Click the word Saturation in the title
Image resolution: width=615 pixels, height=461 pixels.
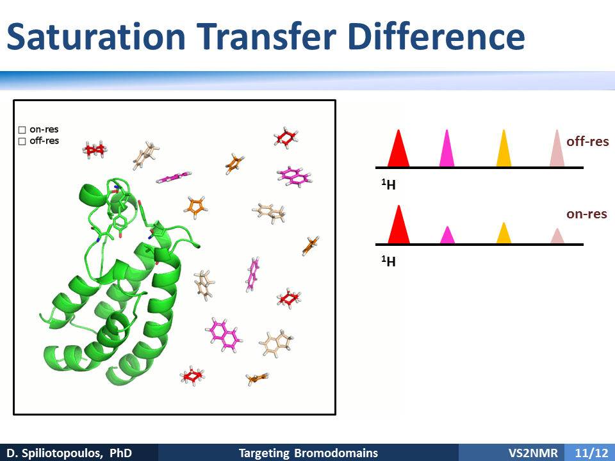[x=96, y=36]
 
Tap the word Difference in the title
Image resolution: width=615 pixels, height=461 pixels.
[x=436, y=36]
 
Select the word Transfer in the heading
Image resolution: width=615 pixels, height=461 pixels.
[x=266, y=36]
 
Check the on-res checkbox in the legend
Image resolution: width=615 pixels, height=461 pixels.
[x=22, y=130]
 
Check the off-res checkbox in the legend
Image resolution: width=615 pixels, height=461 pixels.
[x=22, y=141]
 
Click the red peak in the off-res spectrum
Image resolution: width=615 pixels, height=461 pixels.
[x=398, y=148]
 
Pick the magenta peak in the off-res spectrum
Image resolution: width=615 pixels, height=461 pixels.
[x=447, y=148]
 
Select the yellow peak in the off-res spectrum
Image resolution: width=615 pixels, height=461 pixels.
[x=504, y=148]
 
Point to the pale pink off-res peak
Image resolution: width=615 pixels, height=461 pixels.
[x=557, y=148]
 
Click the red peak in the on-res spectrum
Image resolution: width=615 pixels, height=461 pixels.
[x=399, y=225]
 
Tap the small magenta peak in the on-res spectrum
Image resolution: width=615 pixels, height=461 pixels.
[x=448, y=235]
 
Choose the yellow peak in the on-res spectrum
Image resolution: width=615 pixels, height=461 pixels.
[x=504, y=233]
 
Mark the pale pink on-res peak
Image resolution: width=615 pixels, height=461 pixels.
[x=557, y=236]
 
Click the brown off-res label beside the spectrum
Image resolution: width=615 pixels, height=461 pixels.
[x=587, y=142]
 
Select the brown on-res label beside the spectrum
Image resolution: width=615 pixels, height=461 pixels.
[x=587, y=214]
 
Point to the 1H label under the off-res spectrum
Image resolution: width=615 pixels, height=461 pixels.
[x=388, y=184]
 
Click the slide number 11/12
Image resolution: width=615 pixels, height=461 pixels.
[x=591, y=453]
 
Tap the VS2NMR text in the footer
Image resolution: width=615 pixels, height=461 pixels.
[x=533, y=453]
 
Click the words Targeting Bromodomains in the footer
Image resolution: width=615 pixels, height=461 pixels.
[x=308, y=453]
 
